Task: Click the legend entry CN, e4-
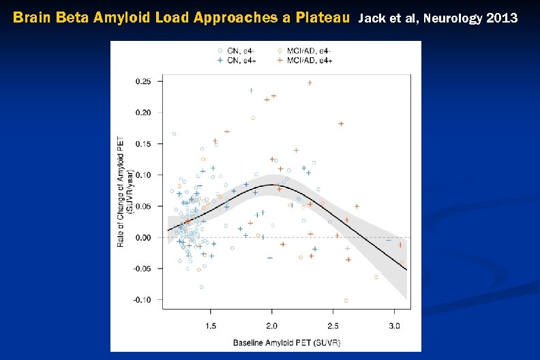241,50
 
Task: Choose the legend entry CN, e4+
241,60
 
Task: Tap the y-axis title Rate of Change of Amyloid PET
121,190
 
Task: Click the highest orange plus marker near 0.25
310,83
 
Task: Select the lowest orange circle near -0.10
346,300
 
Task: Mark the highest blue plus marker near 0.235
251,90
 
